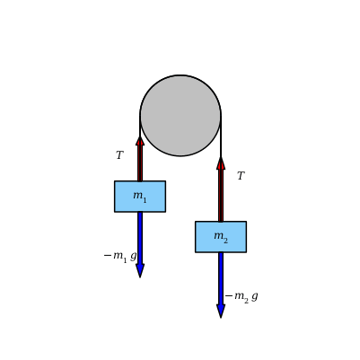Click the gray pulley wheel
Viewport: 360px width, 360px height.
[x=180, y=116]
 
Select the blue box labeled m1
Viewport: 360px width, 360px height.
[x=140, y=197]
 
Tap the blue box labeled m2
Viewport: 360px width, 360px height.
[x=221, y=237]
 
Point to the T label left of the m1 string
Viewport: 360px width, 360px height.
[x=119, y=155]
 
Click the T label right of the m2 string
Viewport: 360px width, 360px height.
[x=241, y=176]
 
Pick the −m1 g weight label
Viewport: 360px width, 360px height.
[x=120, y=256]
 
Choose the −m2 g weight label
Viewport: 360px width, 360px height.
[x=241, y=297]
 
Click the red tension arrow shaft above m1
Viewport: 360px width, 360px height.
[x=140, y=163]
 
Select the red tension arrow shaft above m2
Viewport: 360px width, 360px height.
[x=221, y=196]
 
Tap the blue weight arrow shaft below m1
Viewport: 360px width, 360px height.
[x=140, y=238]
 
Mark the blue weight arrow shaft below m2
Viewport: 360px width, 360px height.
[x=221, y=279]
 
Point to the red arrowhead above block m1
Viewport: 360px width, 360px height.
[x=140, y=141]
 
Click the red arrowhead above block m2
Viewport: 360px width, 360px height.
[x=221, y=162]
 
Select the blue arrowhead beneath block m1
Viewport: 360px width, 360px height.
[x=140, y=270]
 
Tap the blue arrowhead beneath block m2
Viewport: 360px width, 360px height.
[x=221, y=312]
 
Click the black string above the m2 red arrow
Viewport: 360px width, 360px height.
[x=221, y=136]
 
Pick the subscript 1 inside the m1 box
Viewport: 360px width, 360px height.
[x=145, y=200]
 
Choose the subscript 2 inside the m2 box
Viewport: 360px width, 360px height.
[x=225, y=241]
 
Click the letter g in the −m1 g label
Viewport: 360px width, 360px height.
[x=134, y=257]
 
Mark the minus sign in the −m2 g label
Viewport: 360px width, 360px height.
[x=229, y=296]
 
